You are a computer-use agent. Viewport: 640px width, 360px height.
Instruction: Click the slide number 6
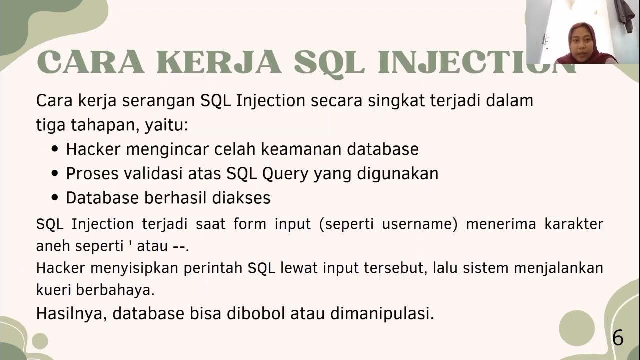pos(618,338)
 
